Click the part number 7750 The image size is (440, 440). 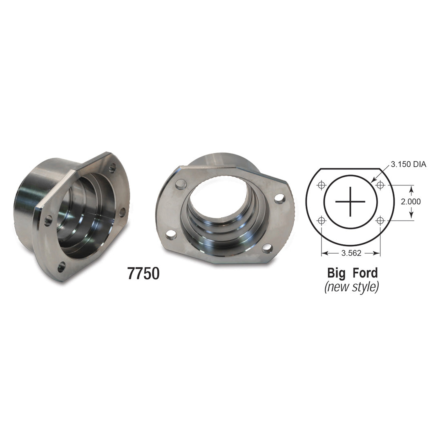143,274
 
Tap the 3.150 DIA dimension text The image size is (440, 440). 408,164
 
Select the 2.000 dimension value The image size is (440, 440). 411,201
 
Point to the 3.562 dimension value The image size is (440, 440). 351,253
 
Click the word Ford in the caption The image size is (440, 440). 365,272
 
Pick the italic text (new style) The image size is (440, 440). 351,286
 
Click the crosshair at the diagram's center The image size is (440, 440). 351,202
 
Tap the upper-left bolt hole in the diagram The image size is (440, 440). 322,185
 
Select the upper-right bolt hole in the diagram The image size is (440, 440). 380,185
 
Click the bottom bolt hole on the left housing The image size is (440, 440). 61,267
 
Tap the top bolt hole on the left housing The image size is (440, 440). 112,167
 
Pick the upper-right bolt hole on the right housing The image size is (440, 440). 279,199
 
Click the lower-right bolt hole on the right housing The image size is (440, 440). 267,248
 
